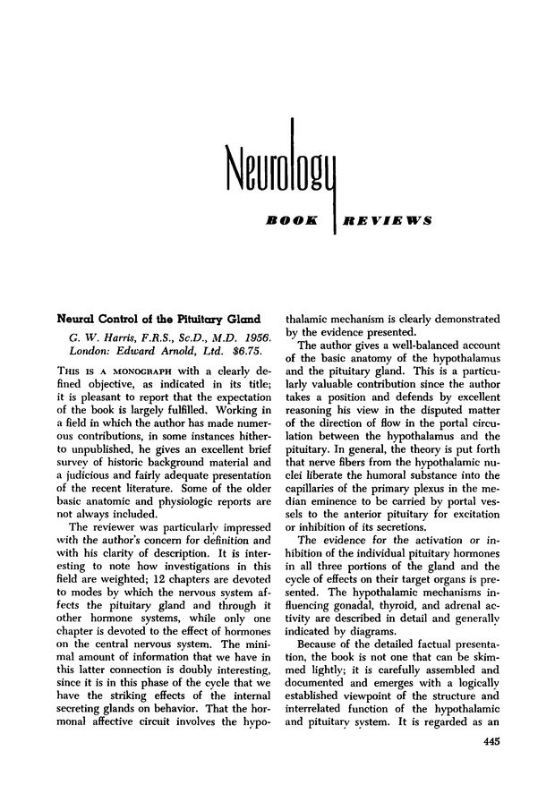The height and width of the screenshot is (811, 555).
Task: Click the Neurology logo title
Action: pos(277,166)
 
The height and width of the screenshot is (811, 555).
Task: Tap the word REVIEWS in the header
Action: pos(388,218)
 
